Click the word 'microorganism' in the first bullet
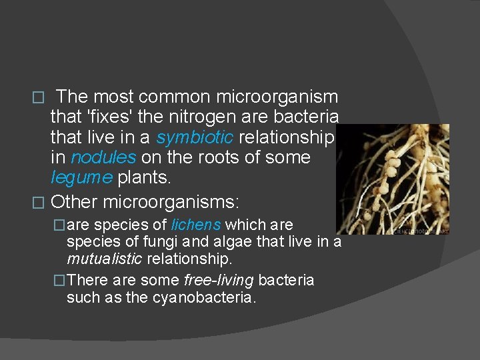click(x=277, y=97)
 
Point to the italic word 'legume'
click(x=81, y=177)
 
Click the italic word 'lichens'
click(x=197, y=225)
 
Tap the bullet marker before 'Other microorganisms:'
click(x=39, y=201)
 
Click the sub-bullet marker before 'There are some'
click(x=61, y=281)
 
